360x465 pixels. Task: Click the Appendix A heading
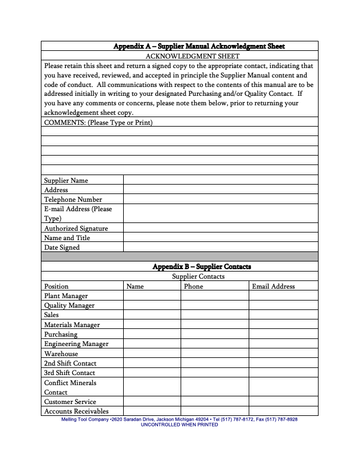199,46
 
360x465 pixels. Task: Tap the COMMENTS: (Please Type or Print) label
98,122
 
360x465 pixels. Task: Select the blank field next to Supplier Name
220,180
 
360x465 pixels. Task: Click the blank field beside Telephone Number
220,199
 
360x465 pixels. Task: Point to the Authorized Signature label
76,228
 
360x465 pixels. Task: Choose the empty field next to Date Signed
220,247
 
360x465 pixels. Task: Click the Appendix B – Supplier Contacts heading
201,267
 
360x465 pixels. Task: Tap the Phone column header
194,286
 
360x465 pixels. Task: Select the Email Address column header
273,286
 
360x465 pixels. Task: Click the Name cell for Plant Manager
152,296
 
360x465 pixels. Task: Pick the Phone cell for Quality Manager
214,305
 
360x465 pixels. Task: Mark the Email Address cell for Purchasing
283,334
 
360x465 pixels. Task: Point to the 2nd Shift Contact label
70,363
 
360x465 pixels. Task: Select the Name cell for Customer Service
152,402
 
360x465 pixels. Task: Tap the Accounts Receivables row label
76,411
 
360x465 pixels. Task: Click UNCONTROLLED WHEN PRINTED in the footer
179,425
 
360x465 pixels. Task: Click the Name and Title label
67,238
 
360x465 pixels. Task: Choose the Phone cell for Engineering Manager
214,344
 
